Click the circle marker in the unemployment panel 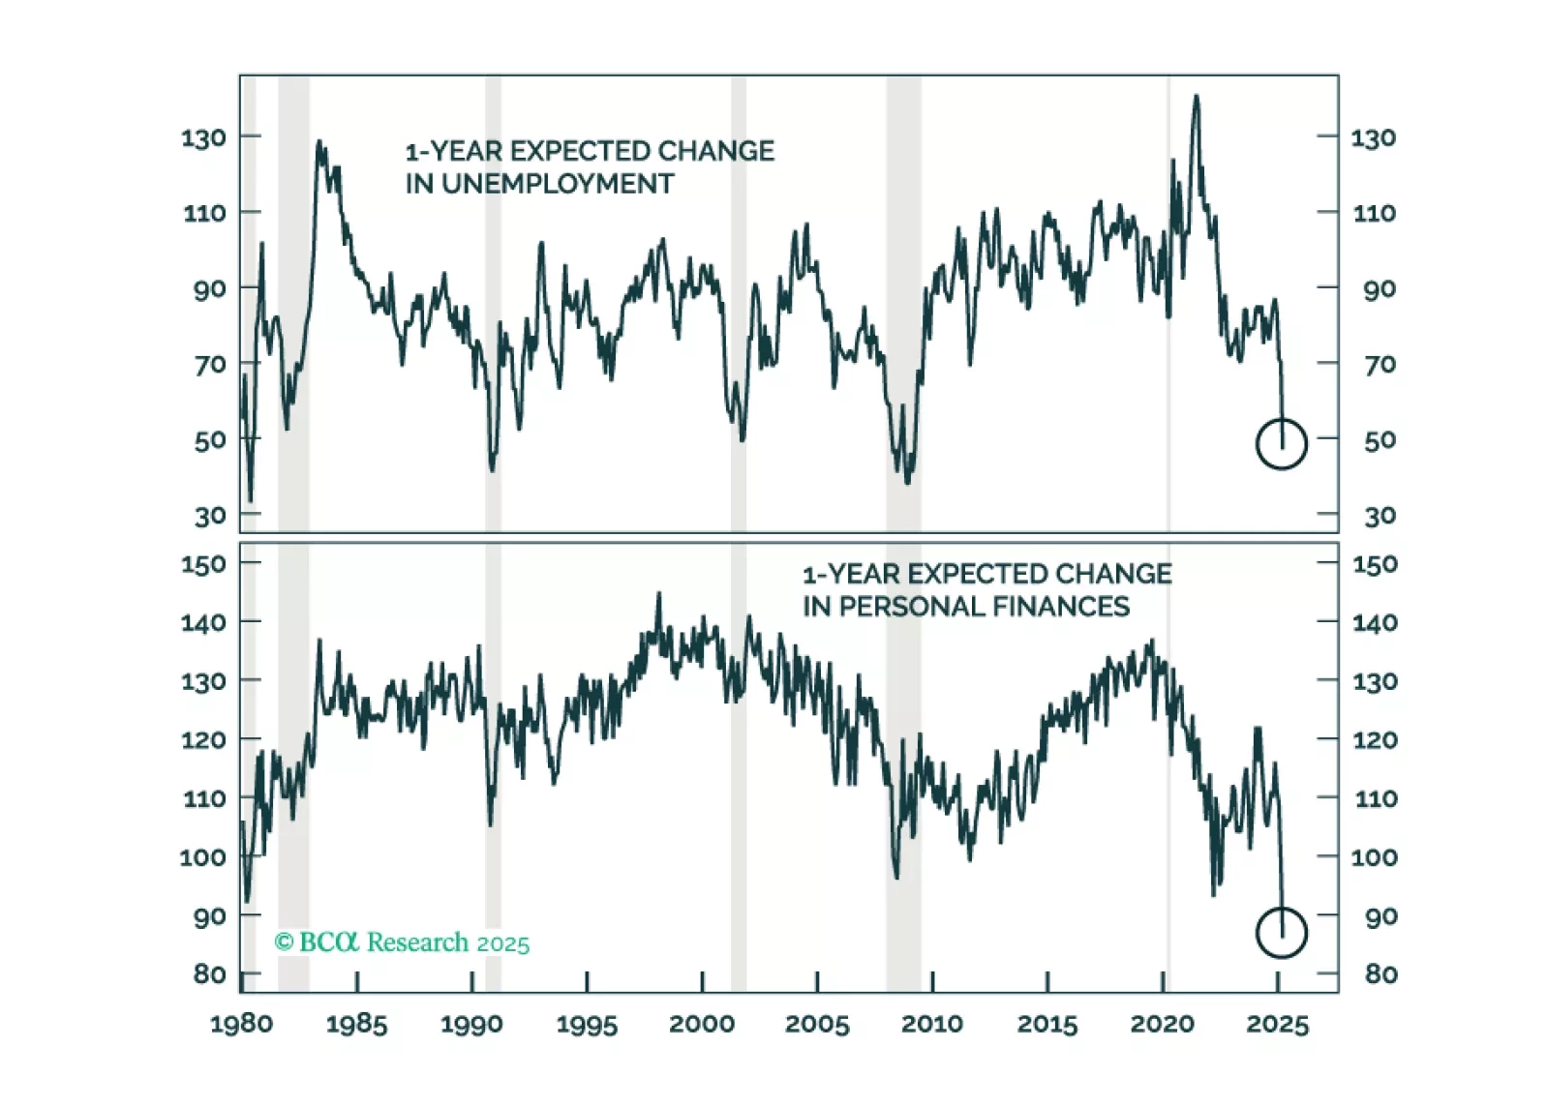(x=1281, y=444)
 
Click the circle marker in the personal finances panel (x=1281, y=933)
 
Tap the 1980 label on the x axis (x=241, y=1024)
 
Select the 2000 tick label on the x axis (x=702, y=1024)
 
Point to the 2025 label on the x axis (x=1277, y=1024)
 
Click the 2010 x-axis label (x=931, y=1024)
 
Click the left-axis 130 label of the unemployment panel (x=203, y=138)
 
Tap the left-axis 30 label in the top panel (x=209, y=517)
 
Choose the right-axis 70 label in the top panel (x=1380, y=365)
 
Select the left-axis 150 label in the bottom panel (x=203, y=564)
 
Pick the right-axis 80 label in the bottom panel (x=1380, y=974)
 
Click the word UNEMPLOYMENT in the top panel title (x=558, y=184)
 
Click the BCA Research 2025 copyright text (x=402, y=942)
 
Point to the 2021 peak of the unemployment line (x=1197, y=97)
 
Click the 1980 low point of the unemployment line (x=251, y=500)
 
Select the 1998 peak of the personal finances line (x=659, y=594)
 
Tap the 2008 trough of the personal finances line (x=896, y=876)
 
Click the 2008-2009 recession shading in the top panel (x=903, y=290)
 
